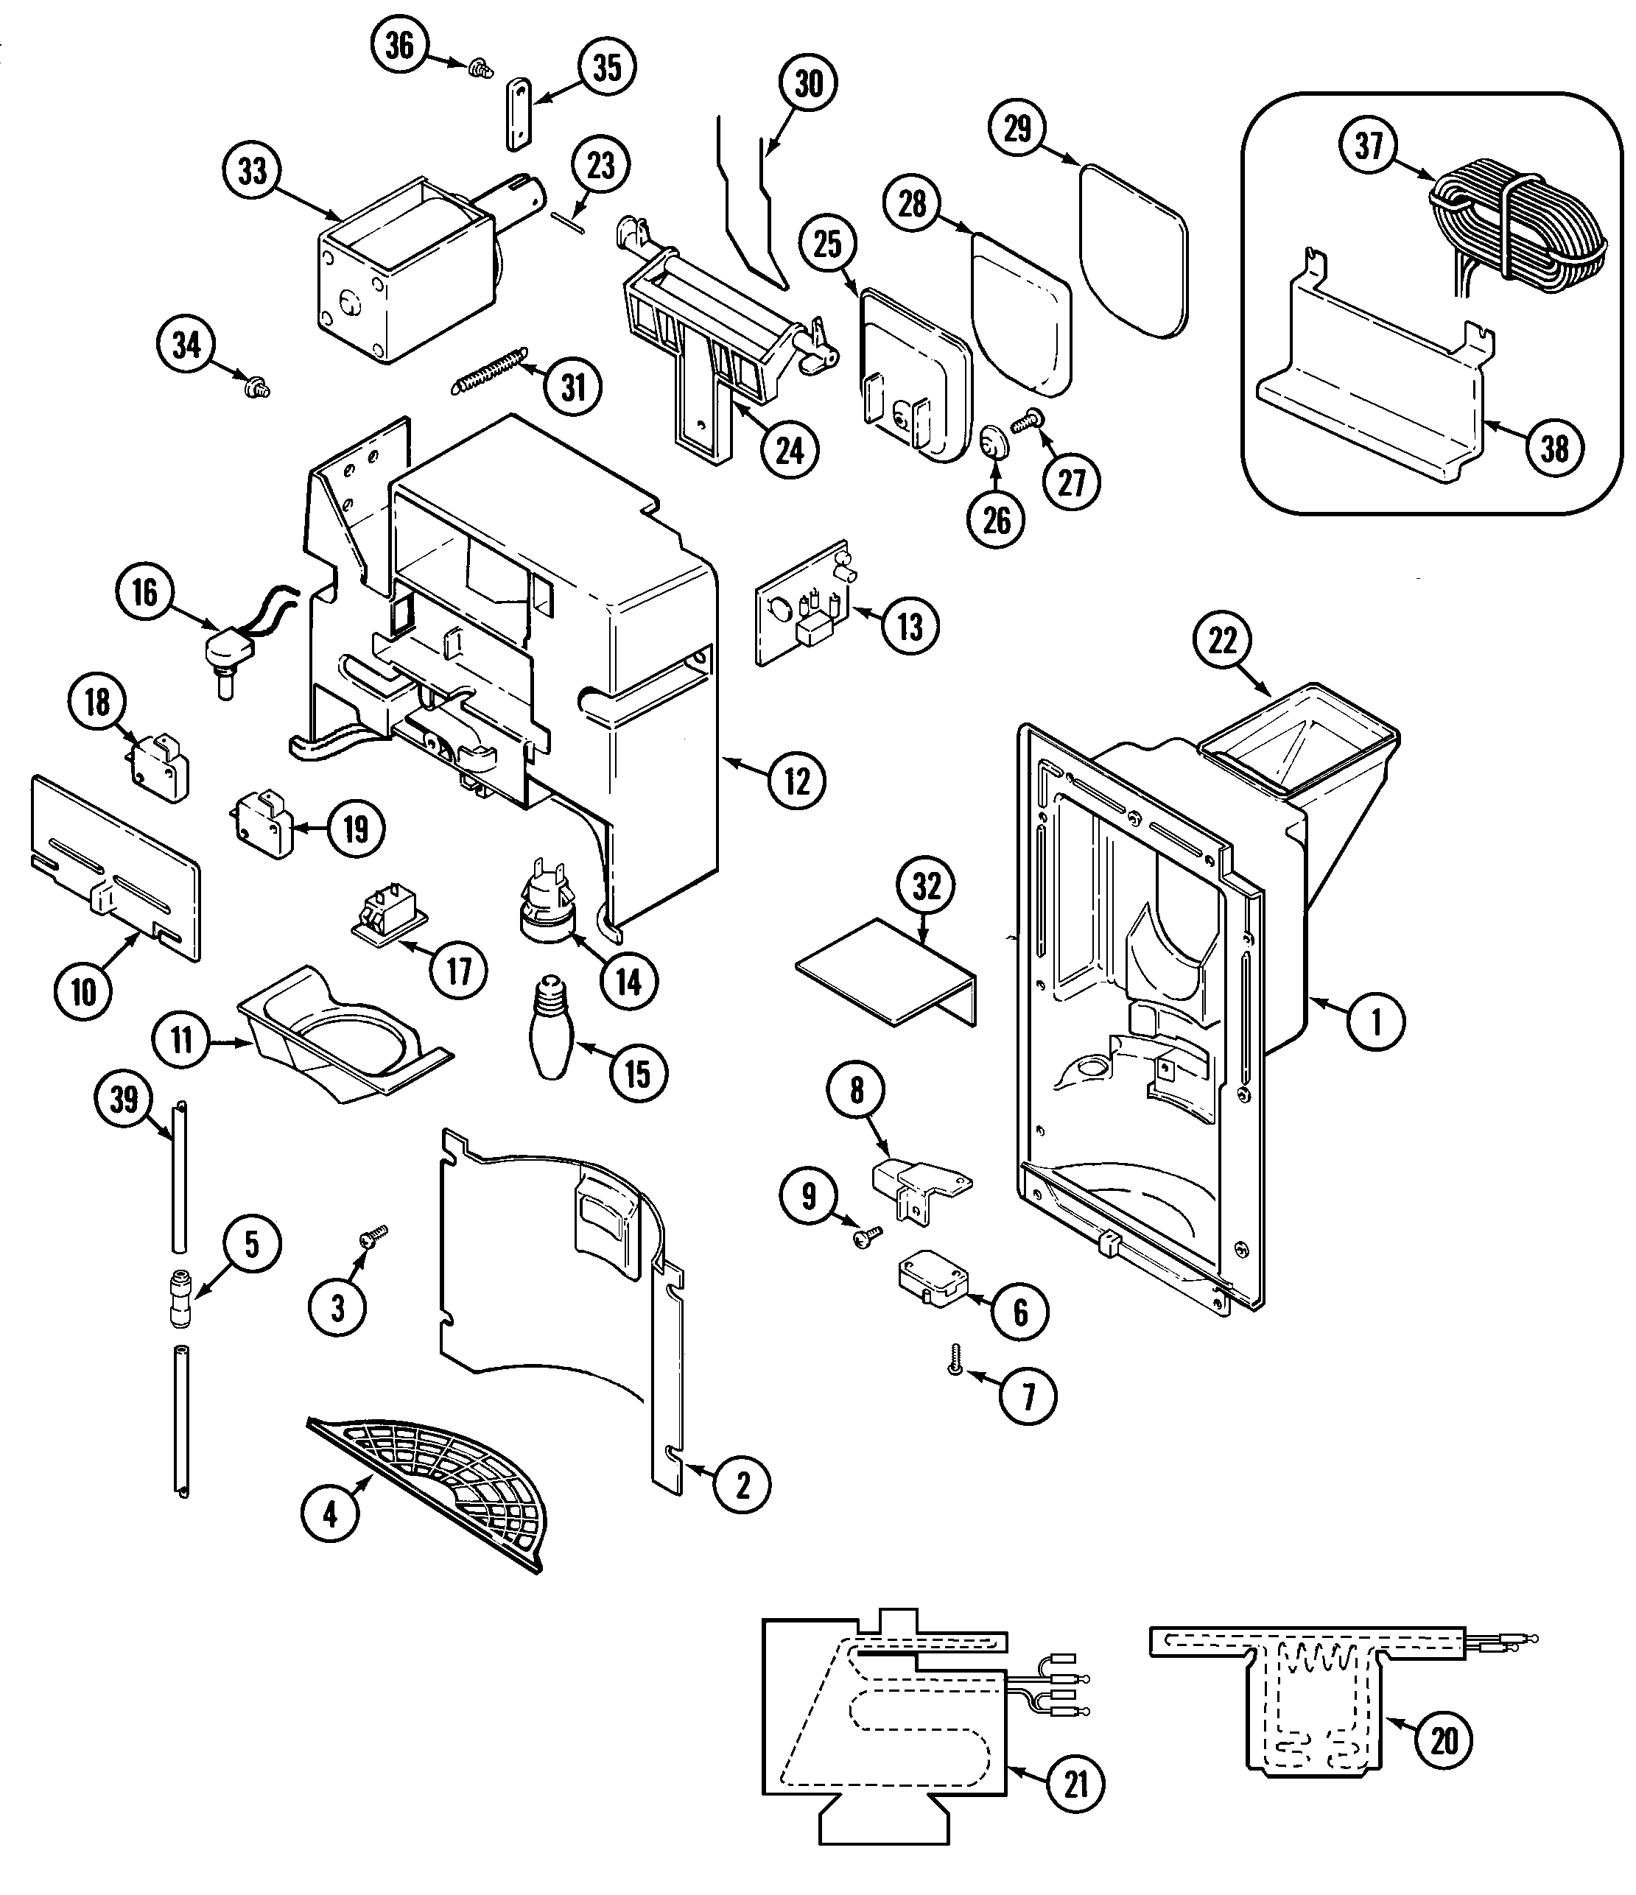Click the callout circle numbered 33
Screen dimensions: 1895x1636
point(253,171)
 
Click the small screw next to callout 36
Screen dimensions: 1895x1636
point(477,67)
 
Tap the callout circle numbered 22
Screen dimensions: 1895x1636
point(1223,641)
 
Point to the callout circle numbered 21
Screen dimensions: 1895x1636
point(1076,1784)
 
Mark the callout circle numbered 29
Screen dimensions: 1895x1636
point(1018,129)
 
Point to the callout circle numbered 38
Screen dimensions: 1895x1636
point(1555,448)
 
